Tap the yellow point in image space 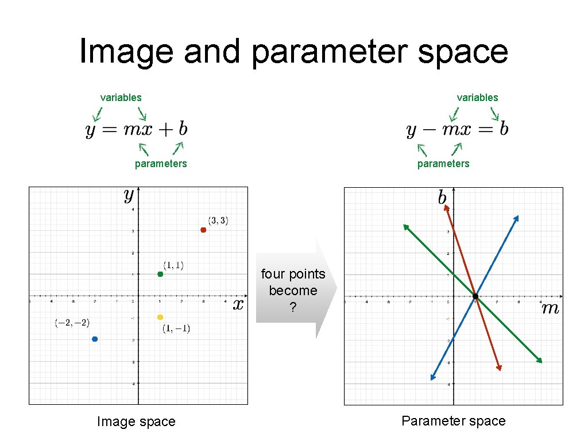[x=160, y=317]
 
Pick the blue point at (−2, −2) [x=95, y=339]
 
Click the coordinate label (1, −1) [x=176, y=328]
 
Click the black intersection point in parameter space [x=475, y=296]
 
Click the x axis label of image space [x=238, y=304]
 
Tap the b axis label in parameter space [x=442, y=198]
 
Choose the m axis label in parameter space [x=550, y=309]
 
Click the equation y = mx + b [x=137, y=129]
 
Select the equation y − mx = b [x=457, y=129]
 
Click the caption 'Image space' [x=136, y=422]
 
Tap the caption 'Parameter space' [x=453, y=421]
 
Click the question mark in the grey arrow [x=293, y=308]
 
